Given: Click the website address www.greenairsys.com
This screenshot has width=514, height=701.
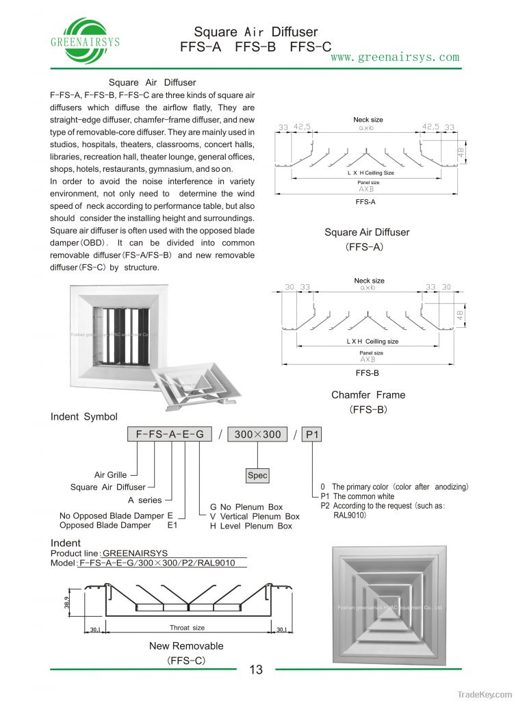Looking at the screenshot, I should click(x=395, y=57).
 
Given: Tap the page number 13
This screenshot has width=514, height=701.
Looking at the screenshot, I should click(x=256, y=670).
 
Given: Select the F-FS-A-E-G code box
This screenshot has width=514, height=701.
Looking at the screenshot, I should click(x=165, y=435).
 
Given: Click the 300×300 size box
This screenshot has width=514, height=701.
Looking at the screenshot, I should click(x=257, y=435).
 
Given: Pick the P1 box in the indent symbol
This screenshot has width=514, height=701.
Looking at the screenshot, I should click(x=312, y=435).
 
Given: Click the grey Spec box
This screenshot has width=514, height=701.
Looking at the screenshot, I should click(x=257, y=475).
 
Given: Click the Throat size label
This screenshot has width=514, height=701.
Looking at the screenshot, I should click(x=187, y=627).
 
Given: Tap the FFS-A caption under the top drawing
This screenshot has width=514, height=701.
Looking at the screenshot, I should click(x=365, y=202).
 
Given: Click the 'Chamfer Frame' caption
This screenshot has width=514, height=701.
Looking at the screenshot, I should click(x=368, y=395).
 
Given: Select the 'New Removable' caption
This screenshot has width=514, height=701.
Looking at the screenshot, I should click(x=186, y=646).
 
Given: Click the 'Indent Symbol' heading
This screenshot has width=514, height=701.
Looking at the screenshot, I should click(x=83, y=416).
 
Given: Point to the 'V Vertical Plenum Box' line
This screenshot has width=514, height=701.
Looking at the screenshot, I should click(x=255, y=516).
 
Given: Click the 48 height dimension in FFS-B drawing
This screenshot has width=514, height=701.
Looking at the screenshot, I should click(x=461, y=316).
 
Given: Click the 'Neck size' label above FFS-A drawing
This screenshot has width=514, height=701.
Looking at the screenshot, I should click(x=368, y=120).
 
